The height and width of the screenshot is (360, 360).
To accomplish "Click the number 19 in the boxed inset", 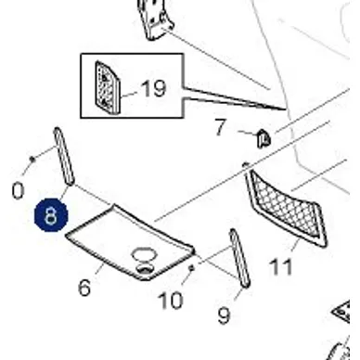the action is tap(154, 89).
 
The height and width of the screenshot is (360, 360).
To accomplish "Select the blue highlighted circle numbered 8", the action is tap(51, 215).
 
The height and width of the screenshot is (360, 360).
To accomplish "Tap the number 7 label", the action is tap(221, 127).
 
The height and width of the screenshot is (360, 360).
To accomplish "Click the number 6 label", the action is tap(84, 288).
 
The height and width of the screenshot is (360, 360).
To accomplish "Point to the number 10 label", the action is tap(171, 301).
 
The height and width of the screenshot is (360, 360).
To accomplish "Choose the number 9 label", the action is tap(225, 315).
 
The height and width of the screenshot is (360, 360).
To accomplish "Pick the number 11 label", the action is tap(281, 266).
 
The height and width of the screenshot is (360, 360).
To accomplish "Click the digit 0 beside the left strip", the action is tap(18, 190).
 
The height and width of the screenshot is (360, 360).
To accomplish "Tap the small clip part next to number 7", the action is tap(264, 139).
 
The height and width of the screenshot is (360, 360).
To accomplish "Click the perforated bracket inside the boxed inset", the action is tap(107, 87).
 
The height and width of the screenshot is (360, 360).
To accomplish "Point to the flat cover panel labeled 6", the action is tap(130, 243).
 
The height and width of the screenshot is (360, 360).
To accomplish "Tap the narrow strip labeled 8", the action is tap(64, 157).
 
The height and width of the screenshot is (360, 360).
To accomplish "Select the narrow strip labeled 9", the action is tap(239, 258).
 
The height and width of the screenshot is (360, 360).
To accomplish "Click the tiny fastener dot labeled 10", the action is tap(191, 268).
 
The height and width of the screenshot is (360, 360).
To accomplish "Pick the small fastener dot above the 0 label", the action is tap(32, 159).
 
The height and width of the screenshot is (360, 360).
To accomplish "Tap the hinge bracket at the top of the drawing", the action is tap(156, 19).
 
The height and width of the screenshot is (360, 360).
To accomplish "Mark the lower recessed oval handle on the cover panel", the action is tap(145, 269).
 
